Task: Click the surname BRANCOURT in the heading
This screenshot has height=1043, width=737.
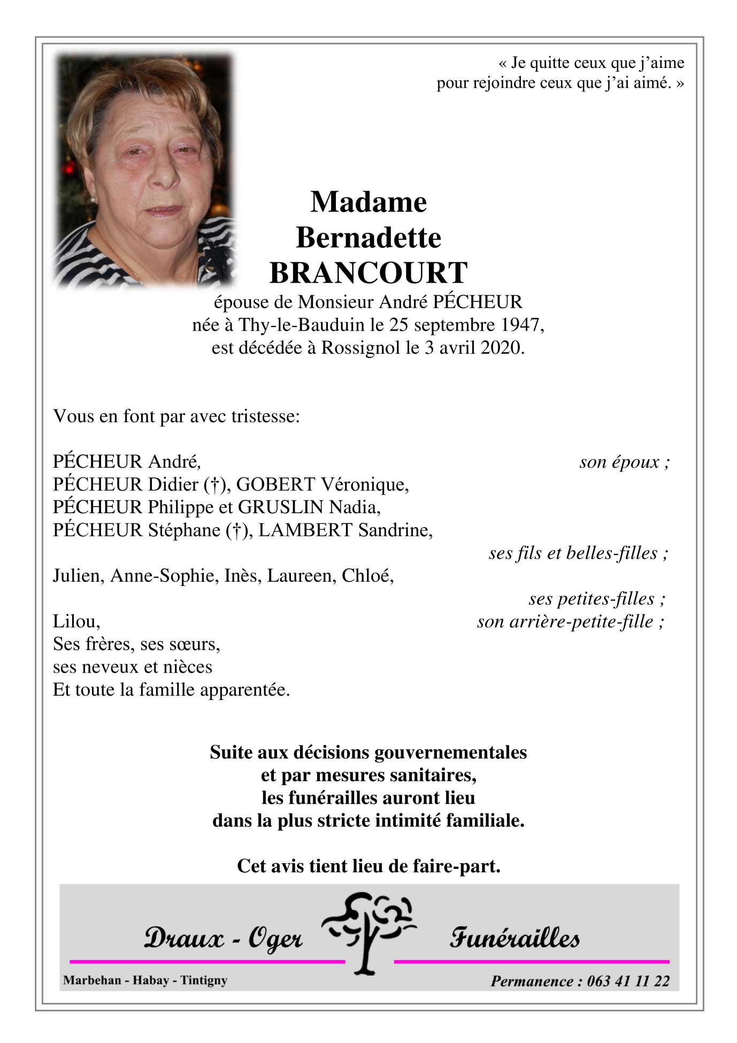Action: coord(368,273)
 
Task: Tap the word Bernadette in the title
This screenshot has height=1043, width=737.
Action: coord(368,238)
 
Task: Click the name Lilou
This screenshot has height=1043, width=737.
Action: coord(75,621)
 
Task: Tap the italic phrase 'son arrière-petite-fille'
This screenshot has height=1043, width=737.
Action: coord(566,622)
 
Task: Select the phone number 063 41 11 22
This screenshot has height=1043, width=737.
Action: coord(628,981)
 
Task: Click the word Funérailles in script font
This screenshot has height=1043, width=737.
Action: coord(515,938)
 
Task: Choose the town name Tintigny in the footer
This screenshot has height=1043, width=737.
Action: coord(204,980)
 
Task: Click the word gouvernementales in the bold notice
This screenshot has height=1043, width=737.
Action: coord(450,752)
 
